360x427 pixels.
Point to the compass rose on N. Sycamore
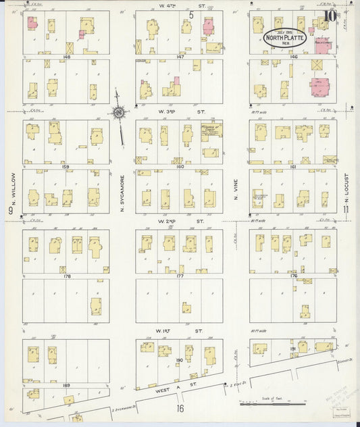click(x=119, y=113)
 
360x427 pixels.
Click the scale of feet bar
click(x=274, y=404)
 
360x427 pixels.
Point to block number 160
click(x=180, y=166)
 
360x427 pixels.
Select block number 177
click(x=180, y=276)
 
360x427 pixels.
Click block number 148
click(x=66, y=57)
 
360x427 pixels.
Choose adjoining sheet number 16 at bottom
click(x=180, y=409)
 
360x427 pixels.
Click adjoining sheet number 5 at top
click(x=191, y=14)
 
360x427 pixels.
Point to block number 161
click(x=293, y=166)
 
